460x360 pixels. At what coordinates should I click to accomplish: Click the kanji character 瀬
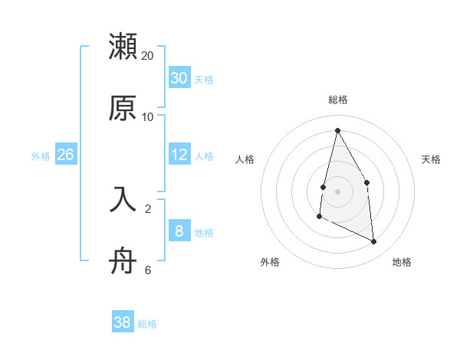[x=123, y=47]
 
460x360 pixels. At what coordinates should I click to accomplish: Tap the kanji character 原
[x=123, y=108]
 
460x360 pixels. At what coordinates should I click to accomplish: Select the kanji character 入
[x=123, y=198]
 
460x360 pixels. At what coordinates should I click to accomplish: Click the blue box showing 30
[x=179, y=77]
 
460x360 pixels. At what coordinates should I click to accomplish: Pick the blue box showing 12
[x=179, y=155]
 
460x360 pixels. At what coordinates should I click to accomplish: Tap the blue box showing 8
[x=179, y=231]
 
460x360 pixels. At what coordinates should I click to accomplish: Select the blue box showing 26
[x=65, y=155]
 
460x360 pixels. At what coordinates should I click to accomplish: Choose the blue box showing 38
[x=123, y=322]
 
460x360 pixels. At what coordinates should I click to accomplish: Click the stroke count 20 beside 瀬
[x=148, y=56]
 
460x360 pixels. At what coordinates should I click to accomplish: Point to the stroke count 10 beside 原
[x=148, y=117]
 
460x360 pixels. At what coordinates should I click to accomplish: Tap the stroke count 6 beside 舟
[x=148, y=270]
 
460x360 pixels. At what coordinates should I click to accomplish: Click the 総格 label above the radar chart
[x=337, y=100]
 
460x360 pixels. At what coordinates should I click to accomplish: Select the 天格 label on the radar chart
[x=431, y=159]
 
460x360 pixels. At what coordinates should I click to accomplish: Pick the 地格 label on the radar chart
[x=402, y=262]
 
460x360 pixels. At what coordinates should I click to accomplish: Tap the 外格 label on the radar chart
[x=270, y=262]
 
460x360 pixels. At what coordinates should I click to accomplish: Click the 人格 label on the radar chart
[x=245, y=159]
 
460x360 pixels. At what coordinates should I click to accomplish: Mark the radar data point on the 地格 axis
[x=374, y=241]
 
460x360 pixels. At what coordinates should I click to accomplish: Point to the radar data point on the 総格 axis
[x=337, y=130]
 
